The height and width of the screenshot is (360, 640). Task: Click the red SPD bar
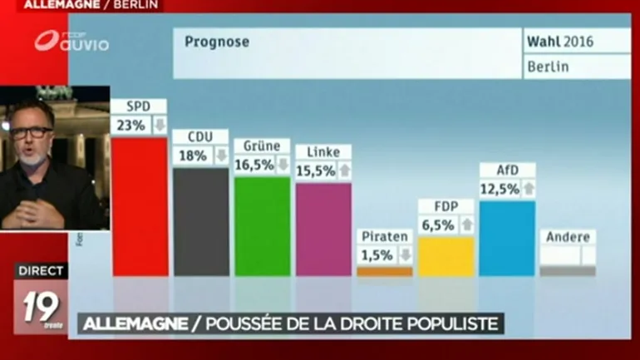pyautogui.click(x=140, y=206)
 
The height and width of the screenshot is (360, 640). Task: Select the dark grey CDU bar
pyautogui.click(x=201, y=222)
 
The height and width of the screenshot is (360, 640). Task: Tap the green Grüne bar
pyautogui.click(x=262, y=226)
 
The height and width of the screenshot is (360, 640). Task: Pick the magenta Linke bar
pyautogui.click(x=323, y=229)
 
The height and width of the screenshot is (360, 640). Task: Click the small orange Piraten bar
pyautogui.click(x=385, y=271)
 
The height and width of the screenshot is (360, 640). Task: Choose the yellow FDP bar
pyautogui.click(x=446, y=256)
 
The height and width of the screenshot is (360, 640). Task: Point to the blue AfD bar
pyautogui.click(x=507, y=238)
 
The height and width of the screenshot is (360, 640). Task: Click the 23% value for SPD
pyautogui.click(x=130, y=126)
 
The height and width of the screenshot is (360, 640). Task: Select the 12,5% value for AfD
pyautogui.click(x=500, y=189)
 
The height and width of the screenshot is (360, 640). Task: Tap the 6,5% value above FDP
pyautogui.click(x=438, y=225)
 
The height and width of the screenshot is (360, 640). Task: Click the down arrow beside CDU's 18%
pyautogui.click(x=221, y=155)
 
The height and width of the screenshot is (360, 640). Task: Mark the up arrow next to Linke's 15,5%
pyautogui.click(x=344, y=170)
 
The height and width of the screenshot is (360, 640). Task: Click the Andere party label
pyautogui.click(x=568, y=237)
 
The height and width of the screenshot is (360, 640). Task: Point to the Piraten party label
pyautogui.click(x=385, y=237)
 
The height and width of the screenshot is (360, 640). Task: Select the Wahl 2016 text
pyautogui.click(x=560, y=40)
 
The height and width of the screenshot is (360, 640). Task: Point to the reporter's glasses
pyautogui.click(x=32, y=132)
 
